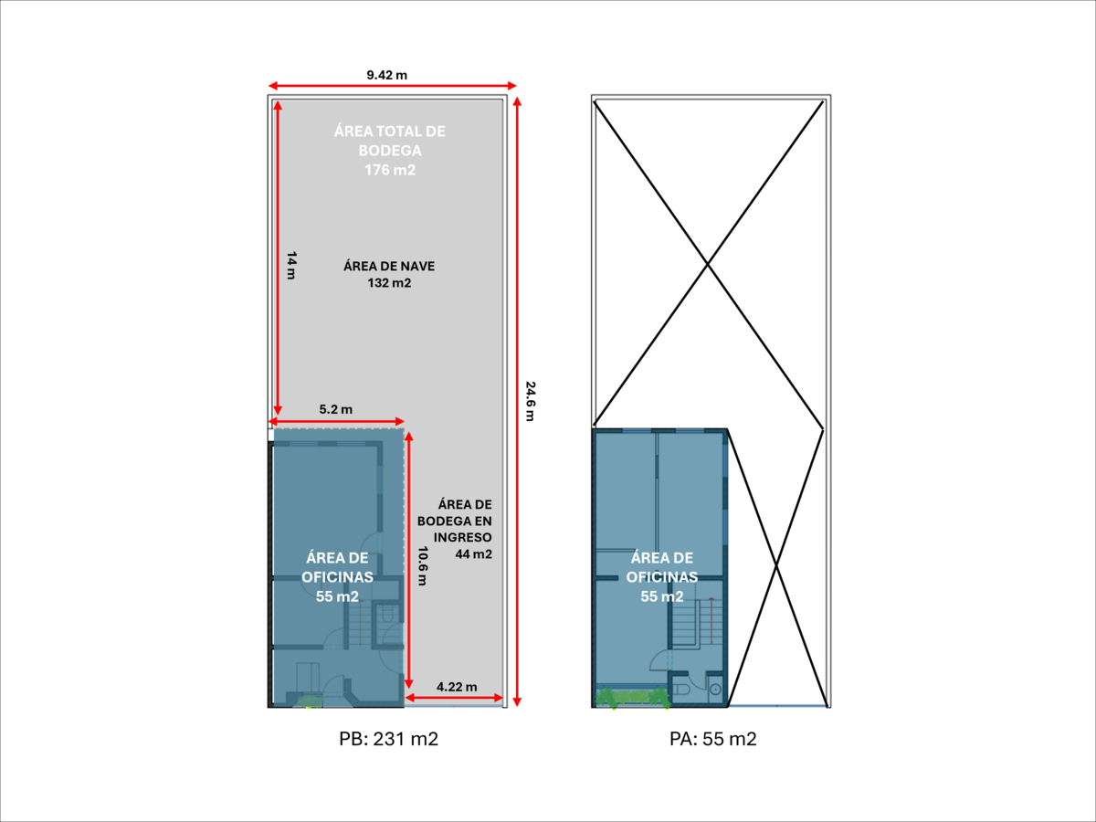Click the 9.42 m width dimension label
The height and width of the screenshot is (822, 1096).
click(386, 75)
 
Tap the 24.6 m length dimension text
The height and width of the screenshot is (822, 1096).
click(530, 401)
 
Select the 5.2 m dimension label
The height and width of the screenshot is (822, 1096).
click(335, 410)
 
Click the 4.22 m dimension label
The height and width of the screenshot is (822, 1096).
click(457, 687)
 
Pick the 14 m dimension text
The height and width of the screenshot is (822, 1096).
click(290, 267)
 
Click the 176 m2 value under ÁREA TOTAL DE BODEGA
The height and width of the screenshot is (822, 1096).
click(390, 170)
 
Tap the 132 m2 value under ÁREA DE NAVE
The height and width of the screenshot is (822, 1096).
click(389, 283)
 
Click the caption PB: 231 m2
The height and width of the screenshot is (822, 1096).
click(388, 739)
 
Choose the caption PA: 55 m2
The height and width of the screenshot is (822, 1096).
click(712, 739)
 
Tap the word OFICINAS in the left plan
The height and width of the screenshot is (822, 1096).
click(337, 577)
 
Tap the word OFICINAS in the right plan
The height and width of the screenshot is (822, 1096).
click(661, 577)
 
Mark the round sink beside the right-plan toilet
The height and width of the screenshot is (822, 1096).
click(715, 688)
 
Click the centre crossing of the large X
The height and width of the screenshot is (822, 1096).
click(708, 265)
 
